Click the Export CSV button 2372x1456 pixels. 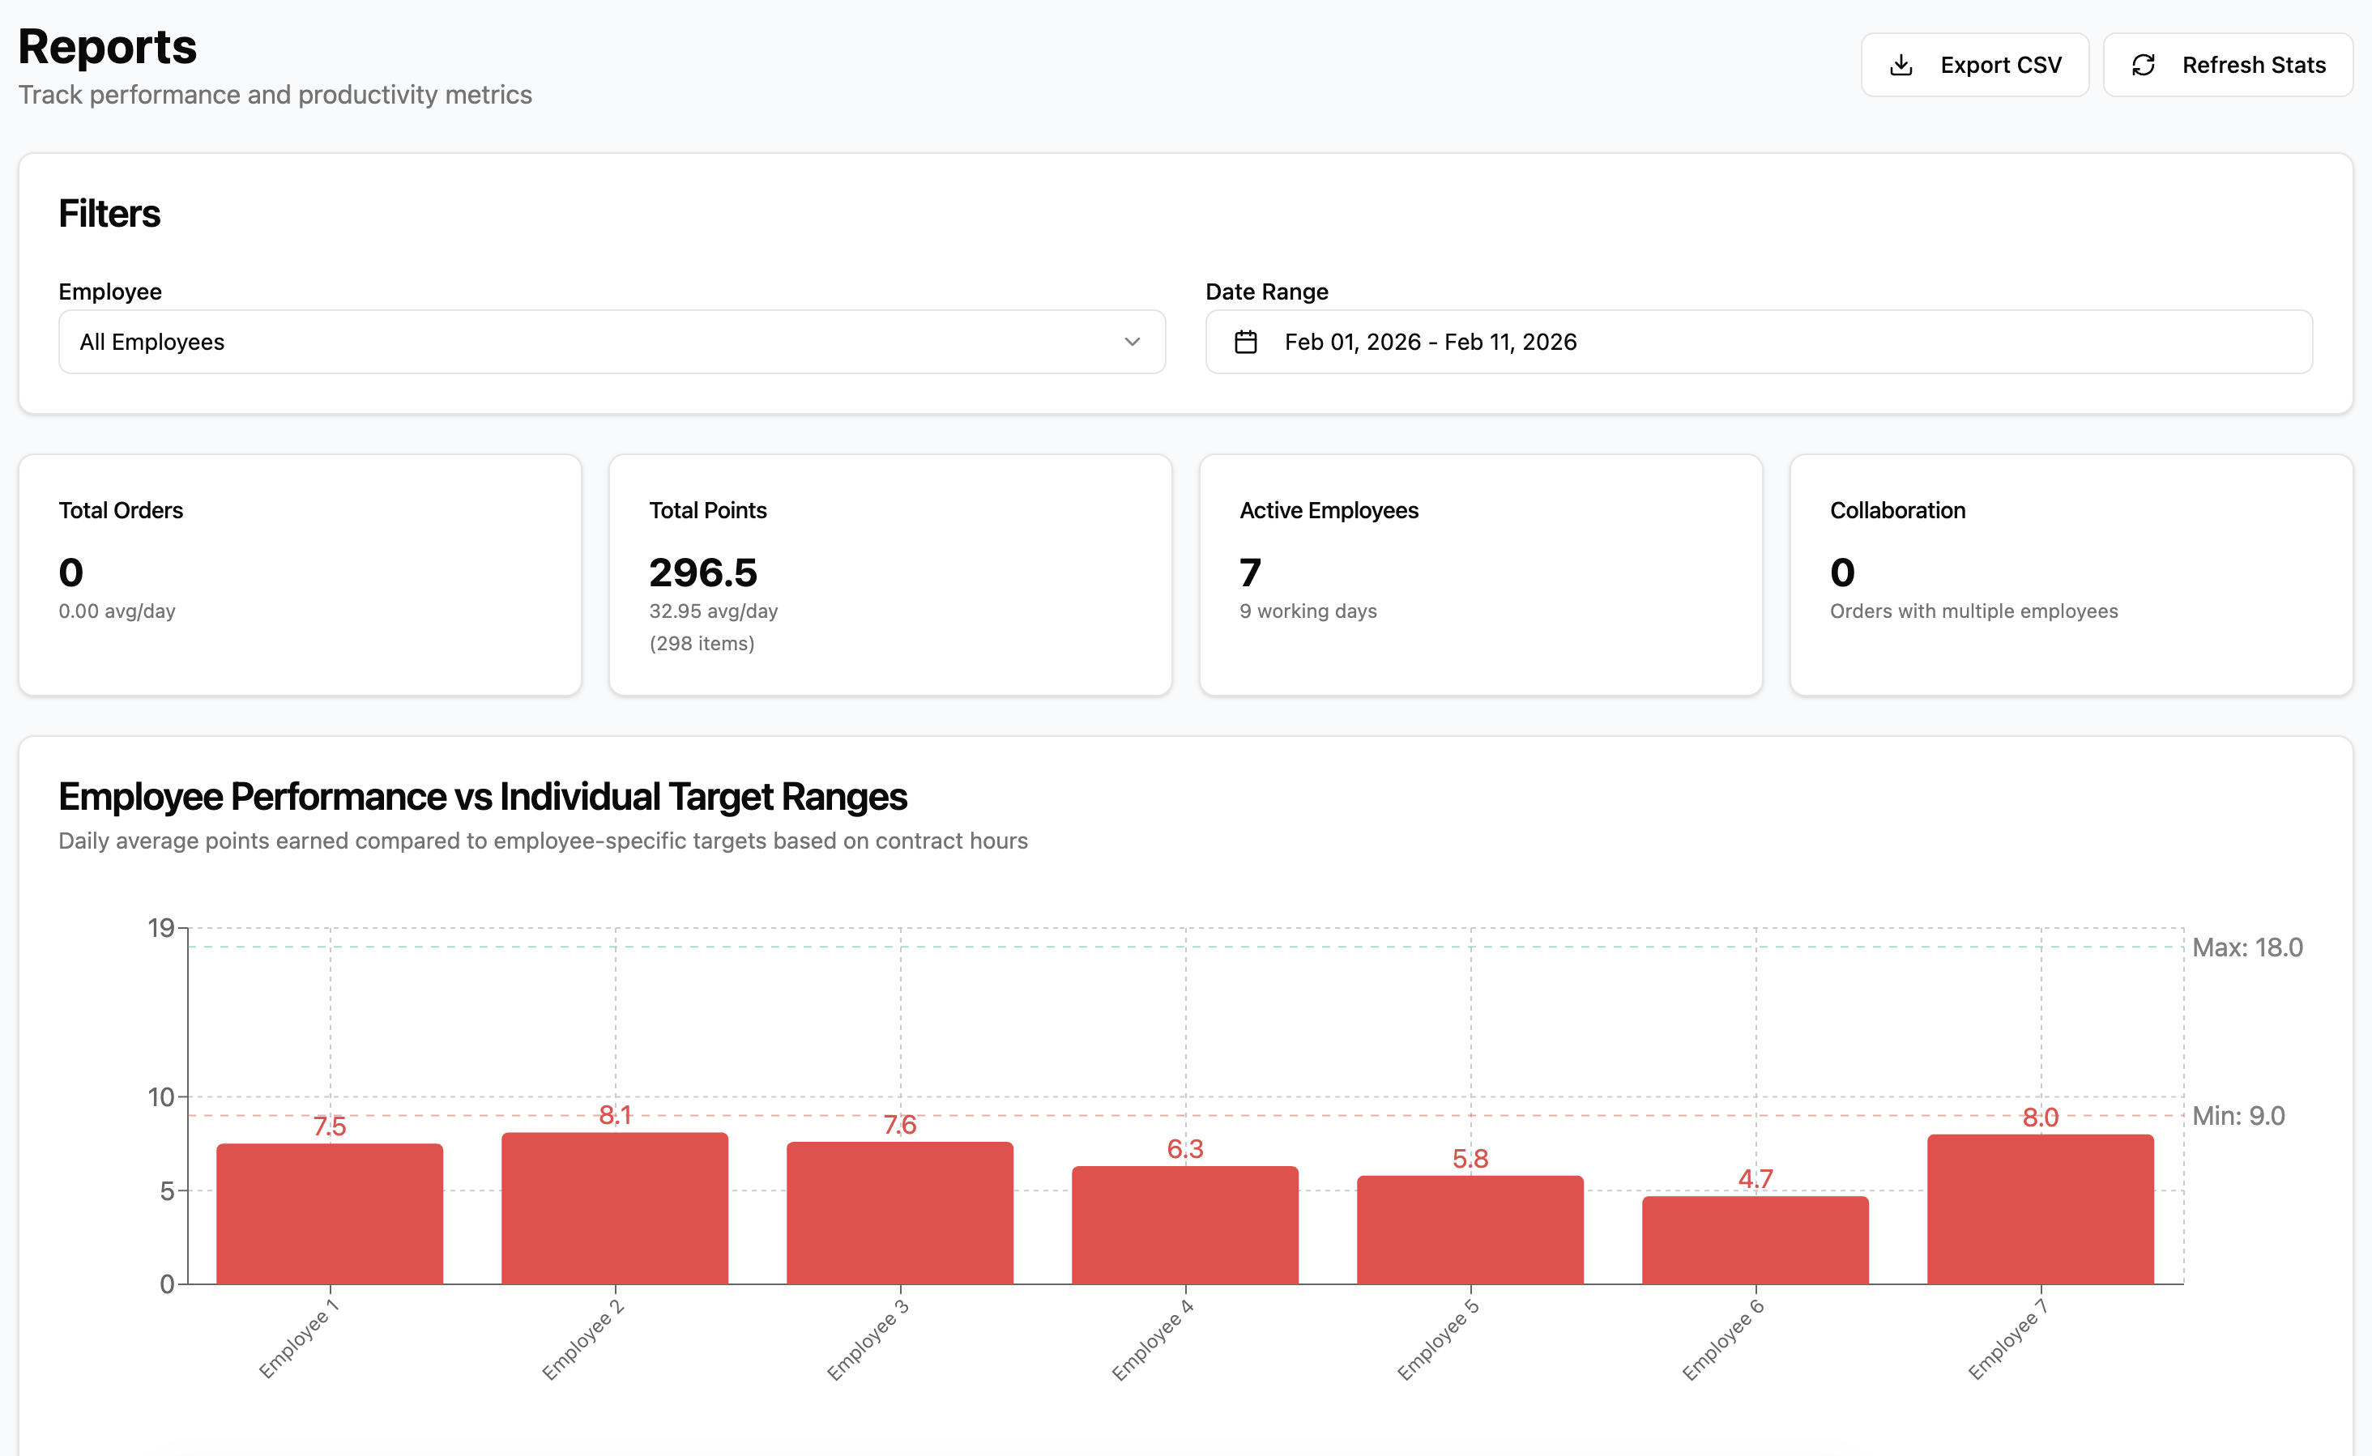click(x=1974, y=65)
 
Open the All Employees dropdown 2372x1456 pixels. click(x=612, y=342)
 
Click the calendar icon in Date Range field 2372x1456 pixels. click(x=1245, y=342)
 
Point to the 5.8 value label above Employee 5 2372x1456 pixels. click(x=1470, y=1159)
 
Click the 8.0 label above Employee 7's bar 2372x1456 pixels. click(x=2040, y=1117)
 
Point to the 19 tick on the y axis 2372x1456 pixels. click(x=161, y=928)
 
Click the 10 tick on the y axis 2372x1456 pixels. click(x=161, y=1096)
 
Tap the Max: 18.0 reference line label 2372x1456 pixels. click(x=2246, y=947)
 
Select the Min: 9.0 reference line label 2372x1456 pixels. click(x=2238, y=1116)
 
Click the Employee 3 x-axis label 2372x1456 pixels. click(x=868, y=1339)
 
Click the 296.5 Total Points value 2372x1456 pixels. click(x=703, y=573)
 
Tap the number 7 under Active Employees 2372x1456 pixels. click(x=1250, y=573)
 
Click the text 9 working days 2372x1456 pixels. click(x=1308, y=611)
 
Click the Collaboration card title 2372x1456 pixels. click(x=1897, y=510)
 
